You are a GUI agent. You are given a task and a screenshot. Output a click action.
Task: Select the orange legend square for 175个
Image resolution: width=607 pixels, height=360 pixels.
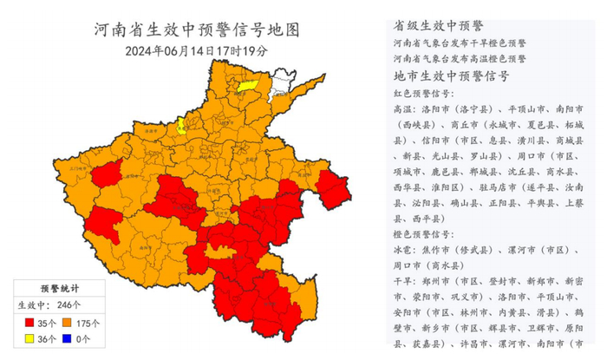(74, 323)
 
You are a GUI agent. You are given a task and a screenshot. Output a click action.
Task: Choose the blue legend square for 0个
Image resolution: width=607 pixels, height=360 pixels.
(74, 340)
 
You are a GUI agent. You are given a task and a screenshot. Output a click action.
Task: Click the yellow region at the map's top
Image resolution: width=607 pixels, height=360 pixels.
(249, 83)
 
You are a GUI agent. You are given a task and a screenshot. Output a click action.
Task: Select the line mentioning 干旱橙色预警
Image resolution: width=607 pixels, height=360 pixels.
(460, 42)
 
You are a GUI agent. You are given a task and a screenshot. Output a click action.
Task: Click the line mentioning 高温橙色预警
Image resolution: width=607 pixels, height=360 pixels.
(460, 58)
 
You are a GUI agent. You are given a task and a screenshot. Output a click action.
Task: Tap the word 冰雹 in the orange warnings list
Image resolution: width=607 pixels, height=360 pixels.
(405, 250)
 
